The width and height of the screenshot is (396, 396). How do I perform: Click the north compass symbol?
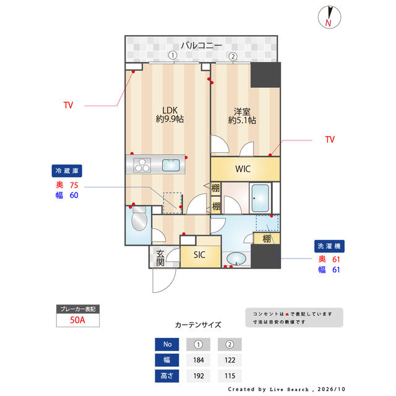[329, 17]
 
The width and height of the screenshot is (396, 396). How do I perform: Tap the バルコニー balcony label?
[201, 46]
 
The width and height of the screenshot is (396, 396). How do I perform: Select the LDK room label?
[170, 110]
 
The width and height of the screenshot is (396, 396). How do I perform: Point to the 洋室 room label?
[242, 111]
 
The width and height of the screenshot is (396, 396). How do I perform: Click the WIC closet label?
[243, 169]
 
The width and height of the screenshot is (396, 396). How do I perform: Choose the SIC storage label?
[199, 255]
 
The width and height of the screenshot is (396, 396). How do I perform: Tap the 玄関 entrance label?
[160, 258]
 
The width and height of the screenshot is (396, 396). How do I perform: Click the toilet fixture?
[139, 218]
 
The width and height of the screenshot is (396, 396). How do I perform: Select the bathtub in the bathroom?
[260, 198]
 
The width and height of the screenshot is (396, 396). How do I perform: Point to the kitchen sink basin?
[171, 165]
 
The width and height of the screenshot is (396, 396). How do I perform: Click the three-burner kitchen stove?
[142, 165]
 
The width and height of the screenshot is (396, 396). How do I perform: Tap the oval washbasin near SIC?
[236, 259]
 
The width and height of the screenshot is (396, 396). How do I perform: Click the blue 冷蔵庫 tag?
[67, 171]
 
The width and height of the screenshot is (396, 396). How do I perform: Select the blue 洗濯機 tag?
[329, 246]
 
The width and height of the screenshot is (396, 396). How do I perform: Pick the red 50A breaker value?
[77, 320]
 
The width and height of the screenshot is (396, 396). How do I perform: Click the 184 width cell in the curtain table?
[199, 360]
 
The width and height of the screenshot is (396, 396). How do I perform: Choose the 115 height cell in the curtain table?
[230, 376]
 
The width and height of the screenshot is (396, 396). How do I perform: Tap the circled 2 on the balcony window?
[233, 56]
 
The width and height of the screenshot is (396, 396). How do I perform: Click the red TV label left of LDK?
[68, 105]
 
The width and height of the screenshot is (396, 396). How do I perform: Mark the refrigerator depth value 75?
[74, 186]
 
